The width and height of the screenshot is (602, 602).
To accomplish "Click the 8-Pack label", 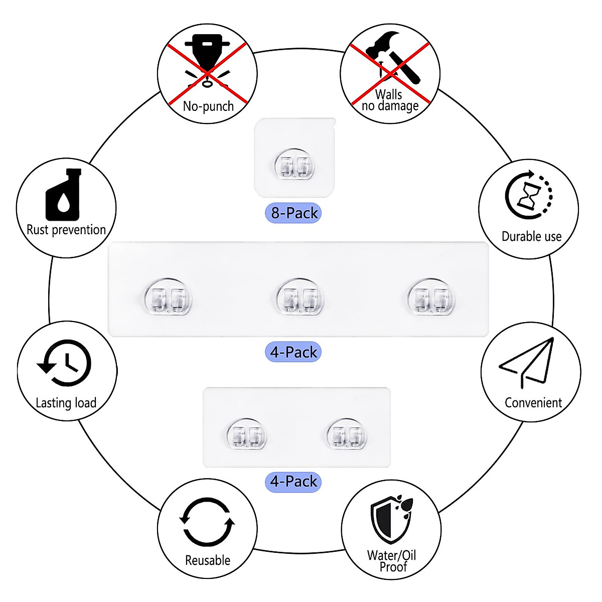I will click(x=293, y=213).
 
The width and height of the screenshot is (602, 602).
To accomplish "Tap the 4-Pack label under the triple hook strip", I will click(x=293, y=352).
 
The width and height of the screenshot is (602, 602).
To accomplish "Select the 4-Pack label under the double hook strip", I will click(x=293, y=482).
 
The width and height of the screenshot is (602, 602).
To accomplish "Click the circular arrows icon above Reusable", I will click(x=207, y=522).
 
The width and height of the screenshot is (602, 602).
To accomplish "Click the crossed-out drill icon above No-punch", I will click(x=208, y=60).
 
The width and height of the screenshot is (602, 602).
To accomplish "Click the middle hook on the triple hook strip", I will click(x=299, y=297).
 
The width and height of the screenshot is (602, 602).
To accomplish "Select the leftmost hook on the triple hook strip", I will click(x=168, y=297).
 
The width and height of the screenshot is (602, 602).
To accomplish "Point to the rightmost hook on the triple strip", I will click(x=430, y=297).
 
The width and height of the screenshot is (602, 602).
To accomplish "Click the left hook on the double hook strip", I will click(x=246, y=434).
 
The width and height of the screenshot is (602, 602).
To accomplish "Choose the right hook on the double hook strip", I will click(x=346, y=434).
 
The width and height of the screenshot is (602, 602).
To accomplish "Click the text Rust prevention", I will click(x=66, y=230).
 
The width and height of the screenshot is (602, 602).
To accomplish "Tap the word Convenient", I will click(x=533, y=403).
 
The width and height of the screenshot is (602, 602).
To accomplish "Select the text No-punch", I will click(x=208, y=106).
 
